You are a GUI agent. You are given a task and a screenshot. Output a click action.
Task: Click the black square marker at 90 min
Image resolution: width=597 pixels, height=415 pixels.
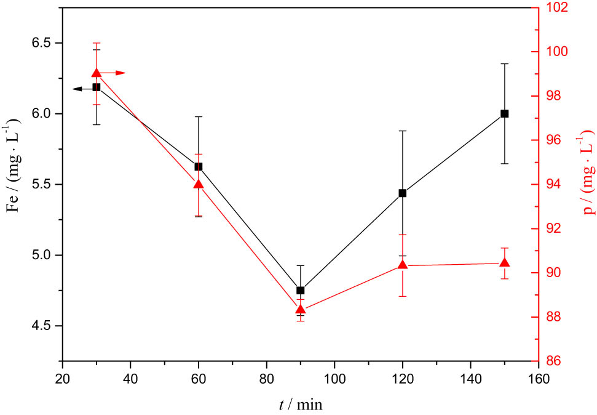[x=300, y=291]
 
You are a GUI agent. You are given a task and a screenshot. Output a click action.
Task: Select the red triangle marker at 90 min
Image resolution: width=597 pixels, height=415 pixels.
[x=300, y=310]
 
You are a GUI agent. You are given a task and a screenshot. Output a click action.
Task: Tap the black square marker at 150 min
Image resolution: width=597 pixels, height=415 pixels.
[x=504, y=113]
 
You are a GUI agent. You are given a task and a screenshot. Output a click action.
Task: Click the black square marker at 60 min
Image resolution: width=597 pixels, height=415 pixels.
[x=198, y=167]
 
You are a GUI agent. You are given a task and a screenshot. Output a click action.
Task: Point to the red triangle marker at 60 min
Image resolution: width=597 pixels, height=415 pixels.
[x=198, y=184]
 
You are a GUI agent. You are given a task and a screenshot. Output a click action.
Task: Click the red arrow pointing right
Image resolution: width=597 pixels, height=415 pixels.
[x=114, y=73]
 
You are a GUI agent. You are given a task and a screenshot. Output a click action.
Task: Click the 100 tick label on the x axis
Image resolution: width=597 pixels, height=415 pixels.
[x=334, y=377]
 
